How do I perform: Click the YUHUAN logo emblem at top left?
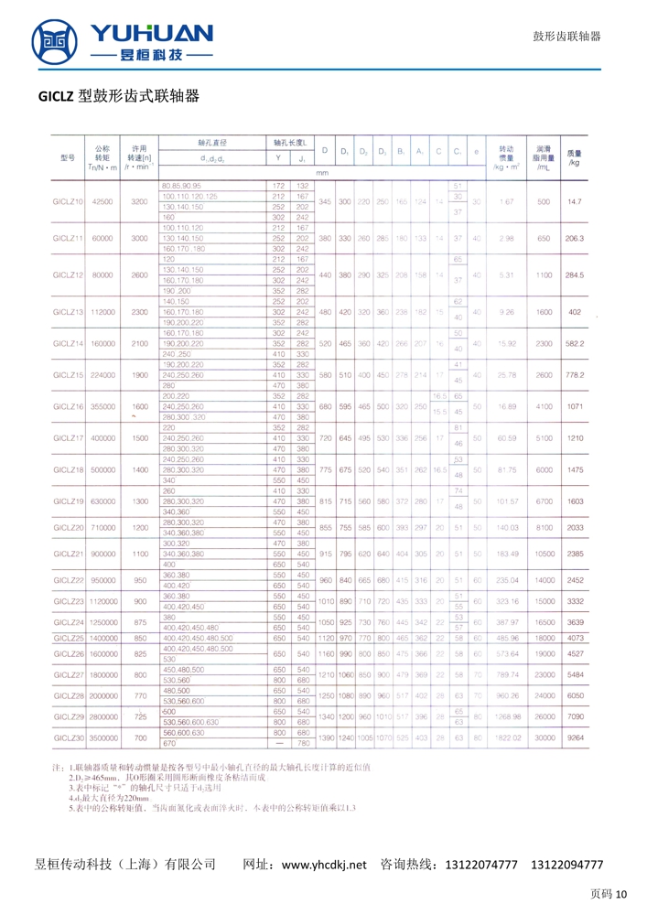(x=56, y=42)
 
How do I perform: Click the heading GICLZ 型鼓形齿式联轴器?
(x=119, y=96)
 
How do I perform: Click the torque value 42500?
(x=102, y=200)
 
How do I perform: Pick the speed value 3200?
(x=139, y=200)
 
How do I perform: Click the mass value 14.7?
(x=575, y=200)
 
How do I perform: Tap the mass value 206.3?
(x=575, y=238)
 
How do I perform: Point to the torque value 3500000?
(x=102, y=736)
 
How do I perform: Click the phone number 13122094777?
(x=566, y=865)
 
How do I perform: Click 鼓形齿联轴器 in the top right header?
(x=566, y=37)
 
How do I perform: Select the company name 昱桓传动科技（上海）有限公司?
(x=124, y=865)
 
